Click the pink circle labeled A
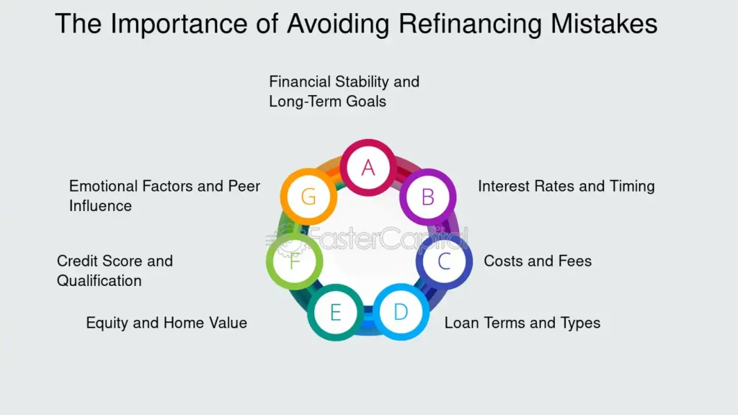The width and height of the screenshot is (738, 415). (x=368, y=167)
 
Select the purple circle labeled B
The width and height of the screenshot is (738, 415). (x=427, y=196)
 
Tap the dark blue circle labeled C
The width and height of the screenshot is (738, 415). (x=444, y=261)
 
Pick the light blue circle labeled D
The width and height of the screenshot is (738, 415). (x=401, y=312)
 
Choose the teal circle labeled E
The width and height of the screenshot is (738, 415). (x=335, y=313)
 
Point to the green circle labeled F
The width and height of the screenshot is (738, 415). (x=294, y=261)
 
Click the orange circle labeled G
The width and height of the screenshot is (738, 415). (x=308, y=196)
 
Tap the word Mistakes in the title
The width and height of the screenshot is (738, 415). (x=605, y=24)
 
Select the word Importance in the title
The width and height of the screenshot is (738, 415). (x=185, y=24)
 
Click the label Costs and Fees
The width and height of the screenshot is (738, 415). (x=538, y=261)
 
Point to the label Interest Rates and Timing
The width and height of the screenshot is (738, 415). (x=566, y=186)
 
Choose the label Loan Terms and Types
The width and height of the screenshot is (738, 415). (x=522, y=323)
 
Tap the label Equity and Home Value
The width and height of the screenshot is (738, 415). (x=166, y=323)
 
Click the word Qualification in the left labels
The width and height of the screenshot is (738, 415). (x=99, y=280)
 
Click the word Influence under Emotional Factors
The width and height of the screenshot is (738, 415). (x=100, y=206)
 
